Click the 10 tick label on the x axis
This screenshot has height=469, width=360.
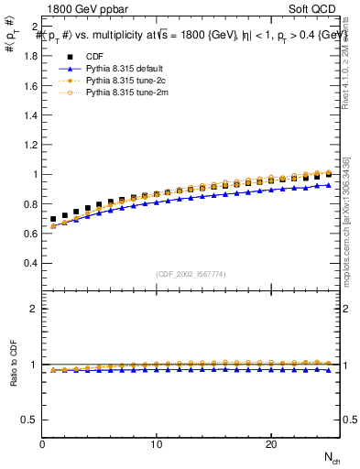coord(157,444)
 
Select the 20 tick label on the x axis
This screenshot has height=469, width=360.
coord(270,444)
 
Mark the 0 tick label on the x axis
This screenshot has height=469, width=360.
coord(43,444)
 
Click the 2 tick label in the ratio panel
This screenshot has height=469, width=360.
coord(35,309)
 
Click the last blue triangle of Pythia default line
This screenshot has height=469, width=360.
coord(328,185)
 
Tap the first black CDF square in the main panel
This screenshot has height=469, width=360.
coord(54,219)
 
